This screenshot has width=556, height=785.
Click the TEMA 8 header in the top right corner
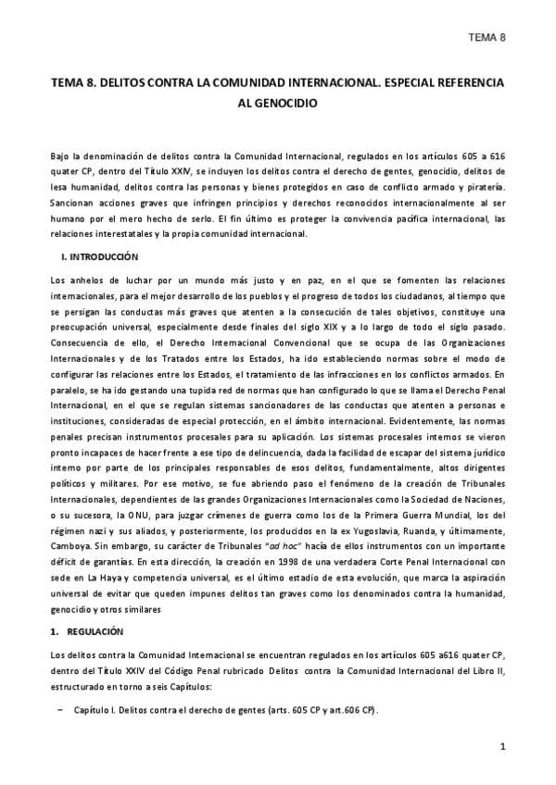tap(486, 37)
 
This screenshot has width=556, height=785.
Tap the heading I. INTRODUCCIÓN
tap(97, 256)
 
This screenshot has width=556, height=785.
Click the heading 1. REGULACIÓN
tap(89, 629)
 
